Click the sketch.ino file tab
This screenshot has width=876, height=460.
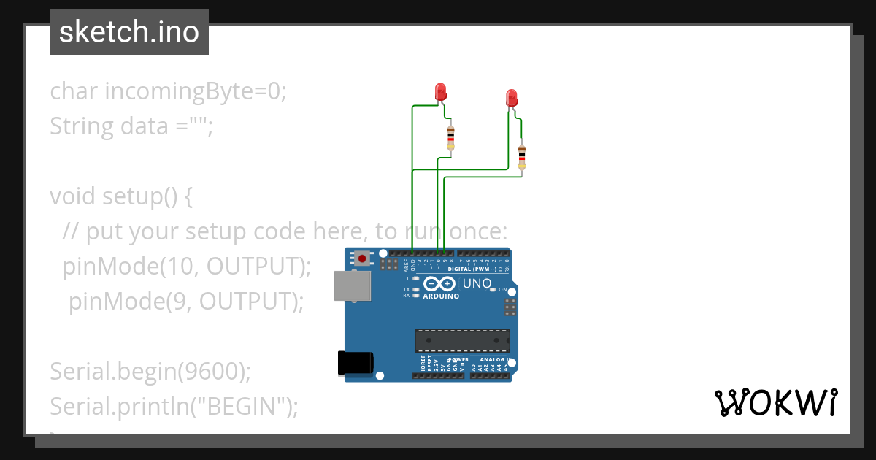(x=129, y=32)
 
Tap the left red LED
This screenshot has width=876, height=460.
(x=440, y=92)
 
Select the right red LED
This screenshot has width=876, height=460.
(x=511, y=98)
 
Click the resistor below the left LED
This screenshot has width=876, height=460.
(x=450, y=137)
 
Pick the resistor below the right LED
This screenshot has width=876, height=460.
(x=521, y=157)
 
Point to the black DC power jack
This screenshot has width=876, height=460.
(x=356, y=364)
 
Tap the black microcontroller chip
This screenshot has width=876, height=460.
(x=462, y=341)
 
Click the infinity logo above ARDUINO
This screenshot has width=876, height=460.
(x=440, y=283)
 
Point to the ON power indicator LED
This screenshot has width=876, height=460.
(x=493, y=290)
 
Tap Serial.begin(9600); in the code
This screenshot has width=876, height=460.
(x=150, y=371)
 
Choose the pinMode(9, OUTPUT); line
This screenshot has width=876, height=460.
(x=186, y=301)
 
